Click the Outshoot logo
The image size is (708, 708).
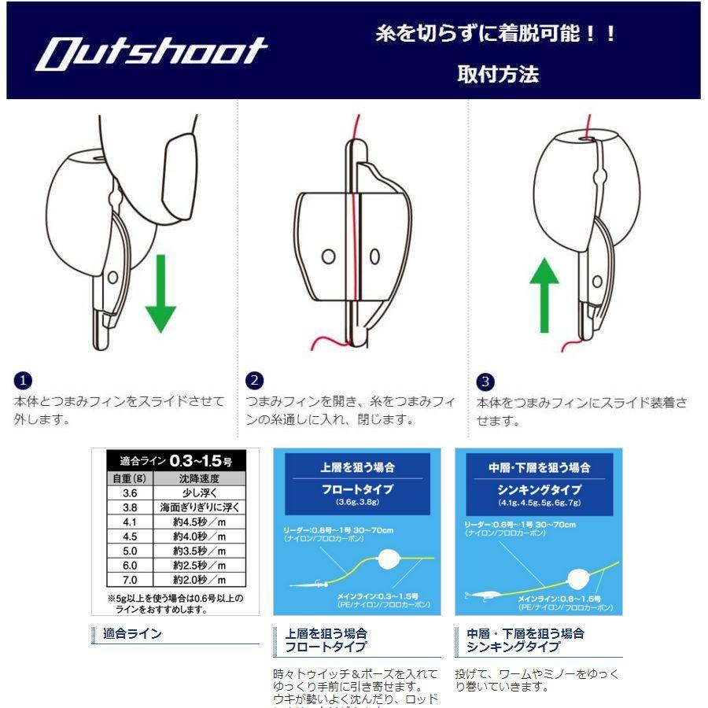click(152, 52)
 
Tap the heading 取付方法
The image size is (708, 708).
click(498, 75)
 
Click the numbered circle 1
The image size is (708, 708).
click(23, 381)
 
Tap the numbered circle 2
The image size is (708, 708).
click(254, 381)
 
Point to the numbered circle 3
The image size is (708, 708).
click(485, 382)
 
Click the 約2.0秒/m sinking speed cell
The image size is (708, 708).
click(199, 580)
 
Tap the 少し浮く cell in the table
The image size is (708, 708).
click(199, 492)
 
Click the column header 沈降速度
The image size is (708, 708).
click(199, 478)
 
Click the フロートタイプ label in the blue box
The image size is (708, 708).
click(357, 489)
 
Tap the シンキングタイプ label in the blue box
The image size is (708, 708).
click(539, 489)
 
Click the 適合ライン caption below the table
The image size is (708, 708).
click(132, 633)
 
